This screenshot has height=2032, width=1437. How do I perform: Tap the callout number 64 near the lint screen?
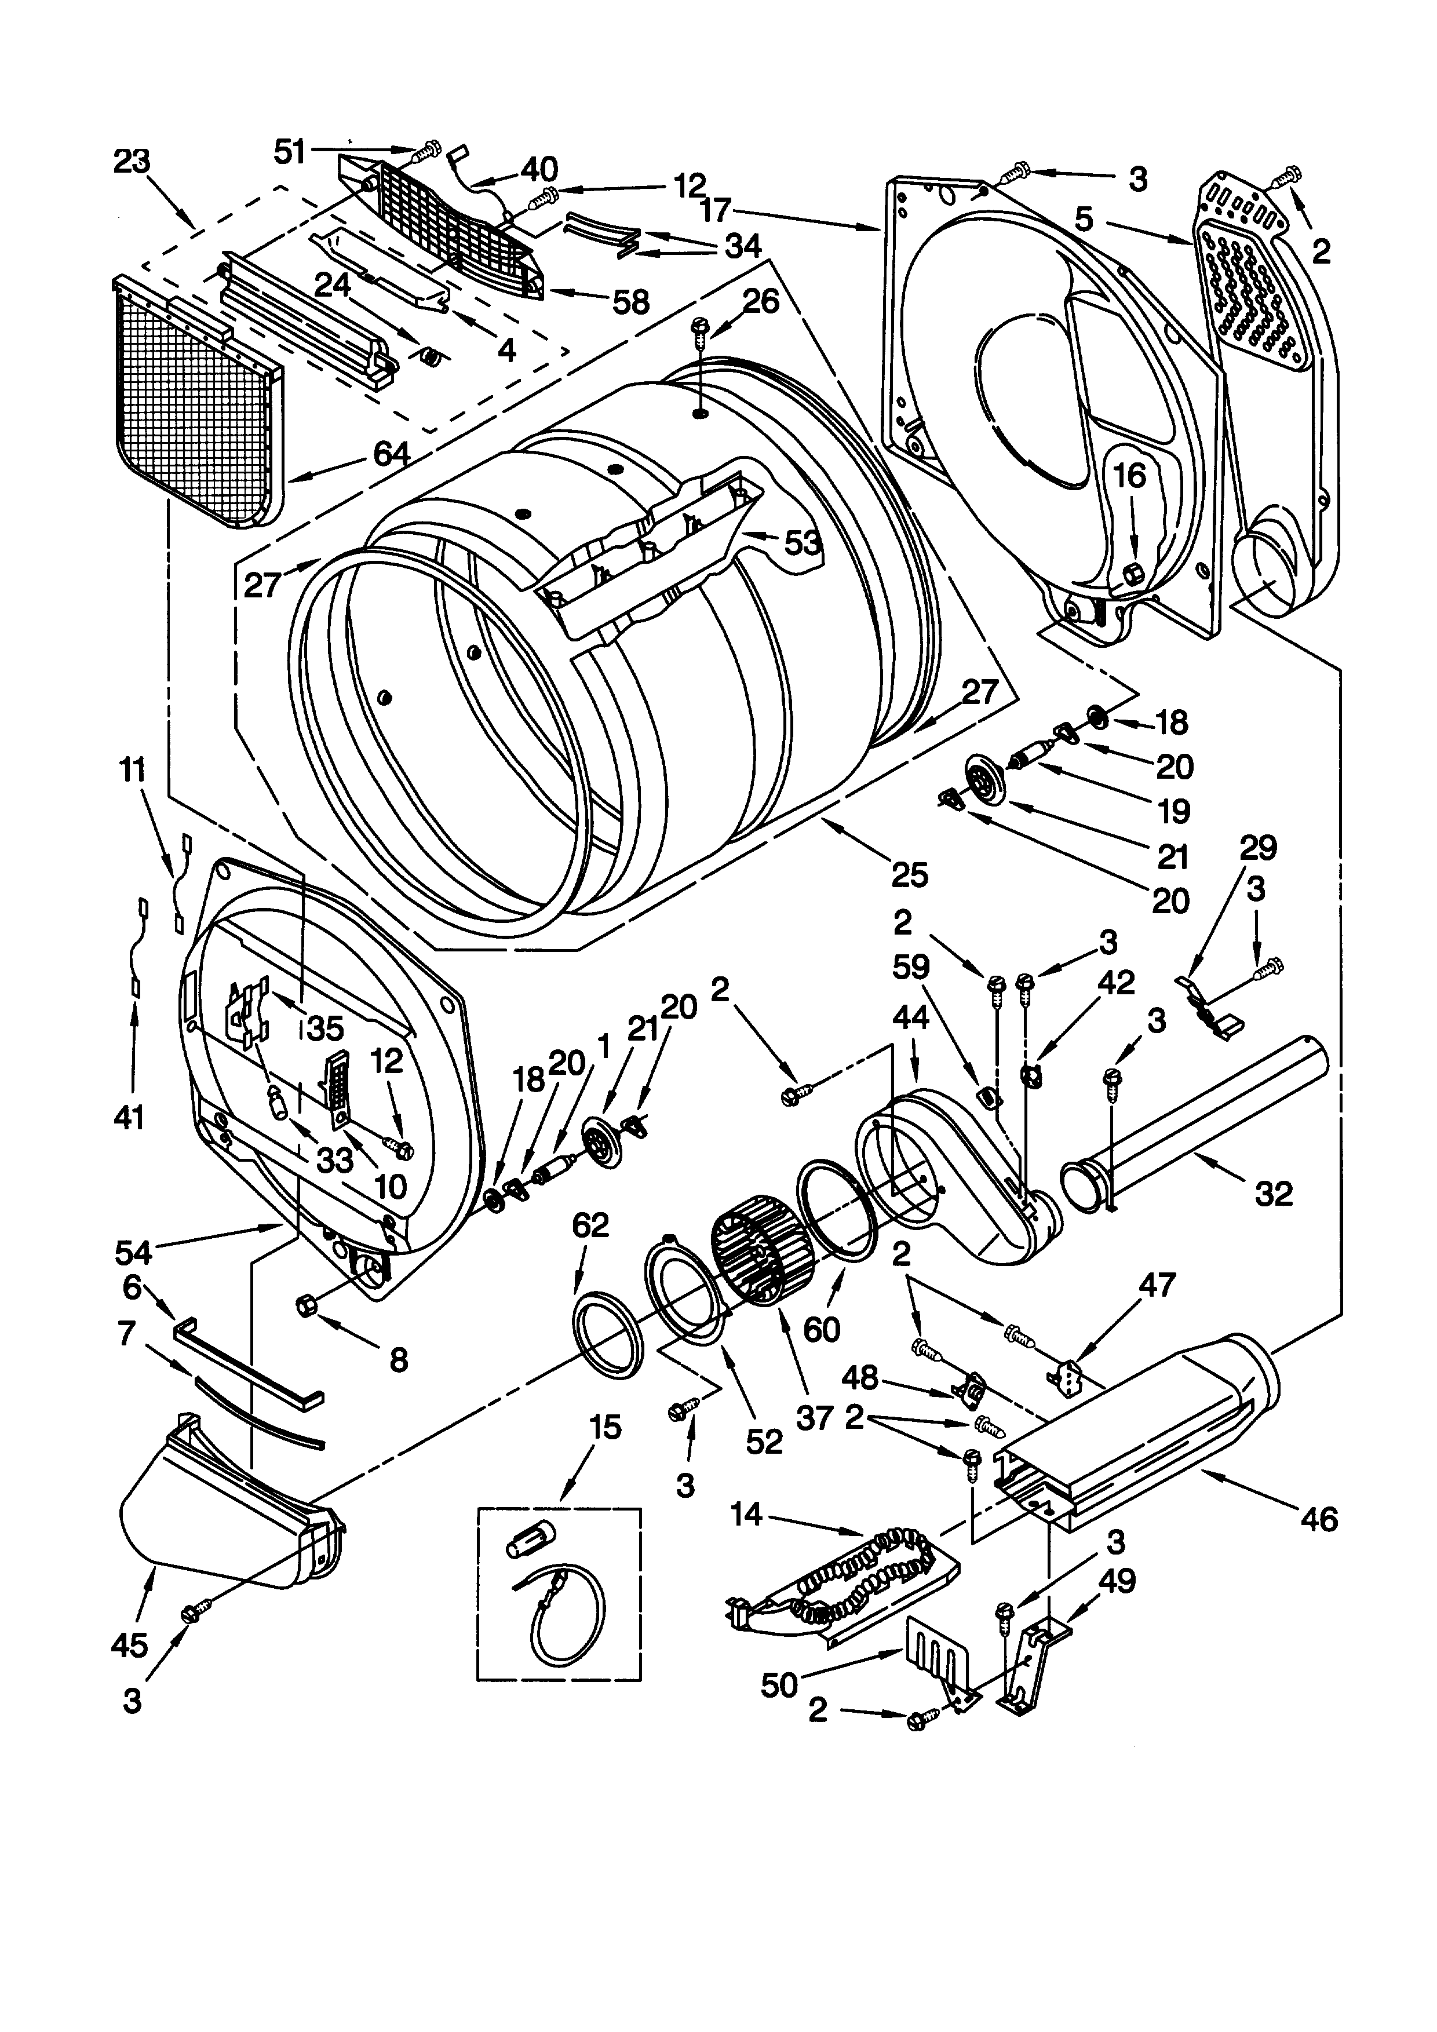point(390,455)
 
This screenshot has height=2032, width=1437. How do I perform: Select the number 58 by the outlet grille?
point(631,302)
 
